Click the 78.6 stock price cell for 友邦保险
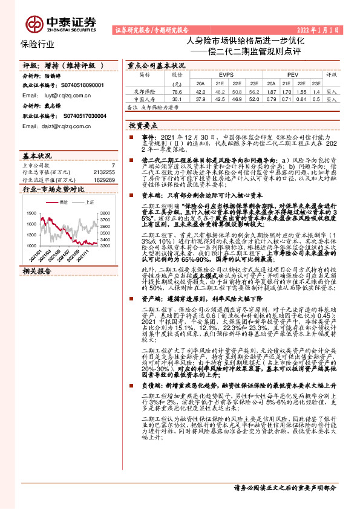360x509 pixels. [177, 91]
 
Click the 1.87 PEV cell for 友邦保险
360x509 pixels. [272, 91]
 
